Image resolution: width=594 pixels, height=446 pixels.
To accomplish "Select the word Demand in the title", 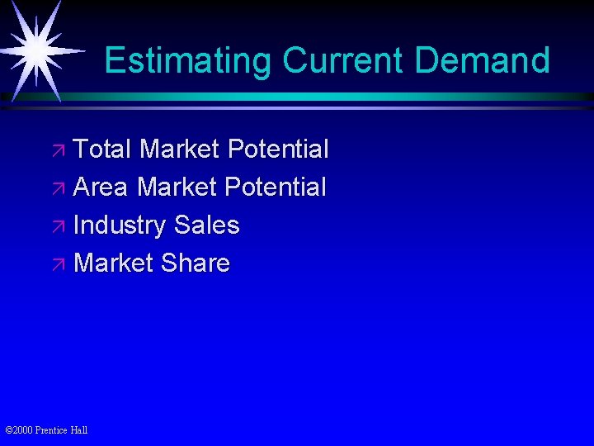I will (483, 61).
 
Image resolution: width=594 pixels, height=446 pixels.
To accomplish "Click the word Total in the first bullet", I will (102, 149).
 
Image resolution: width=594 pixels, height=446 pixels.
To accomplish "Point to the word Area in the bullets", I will (101, 187).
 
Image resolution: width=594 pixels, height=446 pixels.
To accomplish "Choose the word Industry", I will (120, 225).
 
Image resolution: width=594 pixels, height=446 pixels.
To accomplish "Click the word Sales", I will (207, 225).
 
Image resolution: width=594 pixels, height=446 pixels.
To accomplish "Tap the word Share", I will (196, 263).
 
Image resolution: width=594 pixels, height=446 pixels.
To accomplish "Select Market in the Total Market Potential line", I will (179, 149).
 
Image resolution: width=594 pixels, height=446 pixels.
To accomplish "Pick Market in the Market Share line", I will (114, 263).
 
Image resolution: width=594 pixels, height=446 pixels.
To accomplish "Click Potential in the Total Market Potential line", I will (278, 149).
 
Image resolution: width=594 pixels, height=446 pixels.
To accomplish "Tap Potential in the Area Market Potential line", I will (276, 187).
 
